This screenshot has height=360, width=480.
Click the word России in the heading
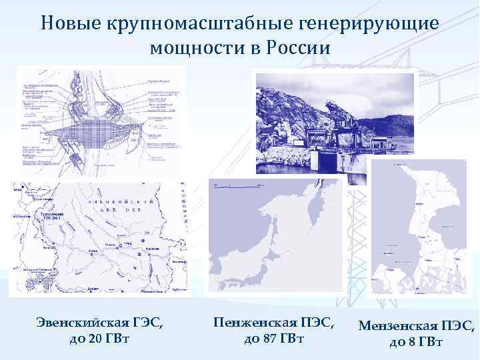(301, 49)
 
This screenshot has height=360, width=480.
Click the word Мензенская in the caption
(399, 326)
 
